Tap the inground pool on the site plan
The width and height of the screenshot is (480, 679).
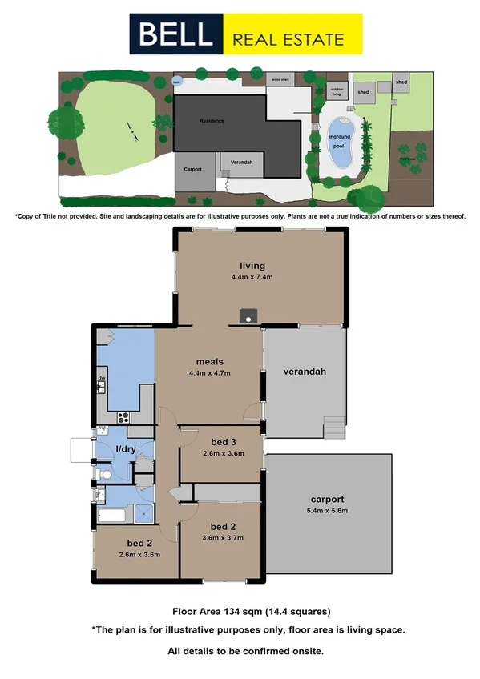tap(342, 141)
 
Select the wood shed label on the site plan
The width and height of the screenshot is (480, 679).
tap(280, 80)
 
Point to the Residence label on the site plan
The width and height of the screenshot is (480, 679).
tap(212, 121)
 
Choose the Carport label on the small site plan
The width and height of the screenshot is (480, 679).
tap(192, 170)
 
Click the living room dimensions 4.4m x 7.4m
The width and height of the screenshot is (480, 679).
tap(252, 278)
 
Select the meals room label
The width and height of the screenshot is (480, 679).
tap(209, 361)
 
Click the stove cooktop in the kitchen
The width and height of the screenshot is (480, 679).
tap(124, 416)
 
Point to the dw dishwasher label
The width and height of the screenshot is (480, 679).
tap(102, 378)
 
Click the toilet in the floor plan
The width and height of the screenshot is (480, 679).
tap(103, 475)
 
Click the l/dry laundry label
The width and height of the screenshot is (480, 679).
tap(126, 449)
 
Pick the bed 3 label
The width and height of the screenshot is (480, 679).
tap(222, 442)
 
